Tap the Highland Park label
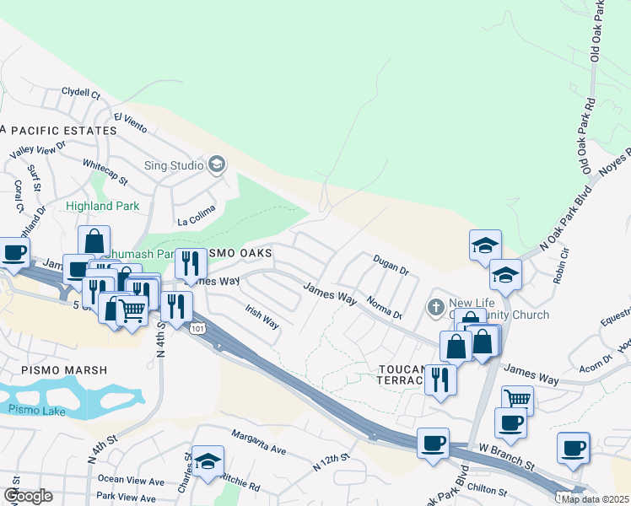point(103,206)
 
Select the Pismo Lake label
point(32,409)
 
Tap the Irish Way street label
point(262,317)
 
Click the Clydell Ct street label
point(81,93)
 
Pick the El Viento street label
point(131,122)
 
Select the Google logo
point(29,496)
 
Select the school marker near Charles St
point(208,462)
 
